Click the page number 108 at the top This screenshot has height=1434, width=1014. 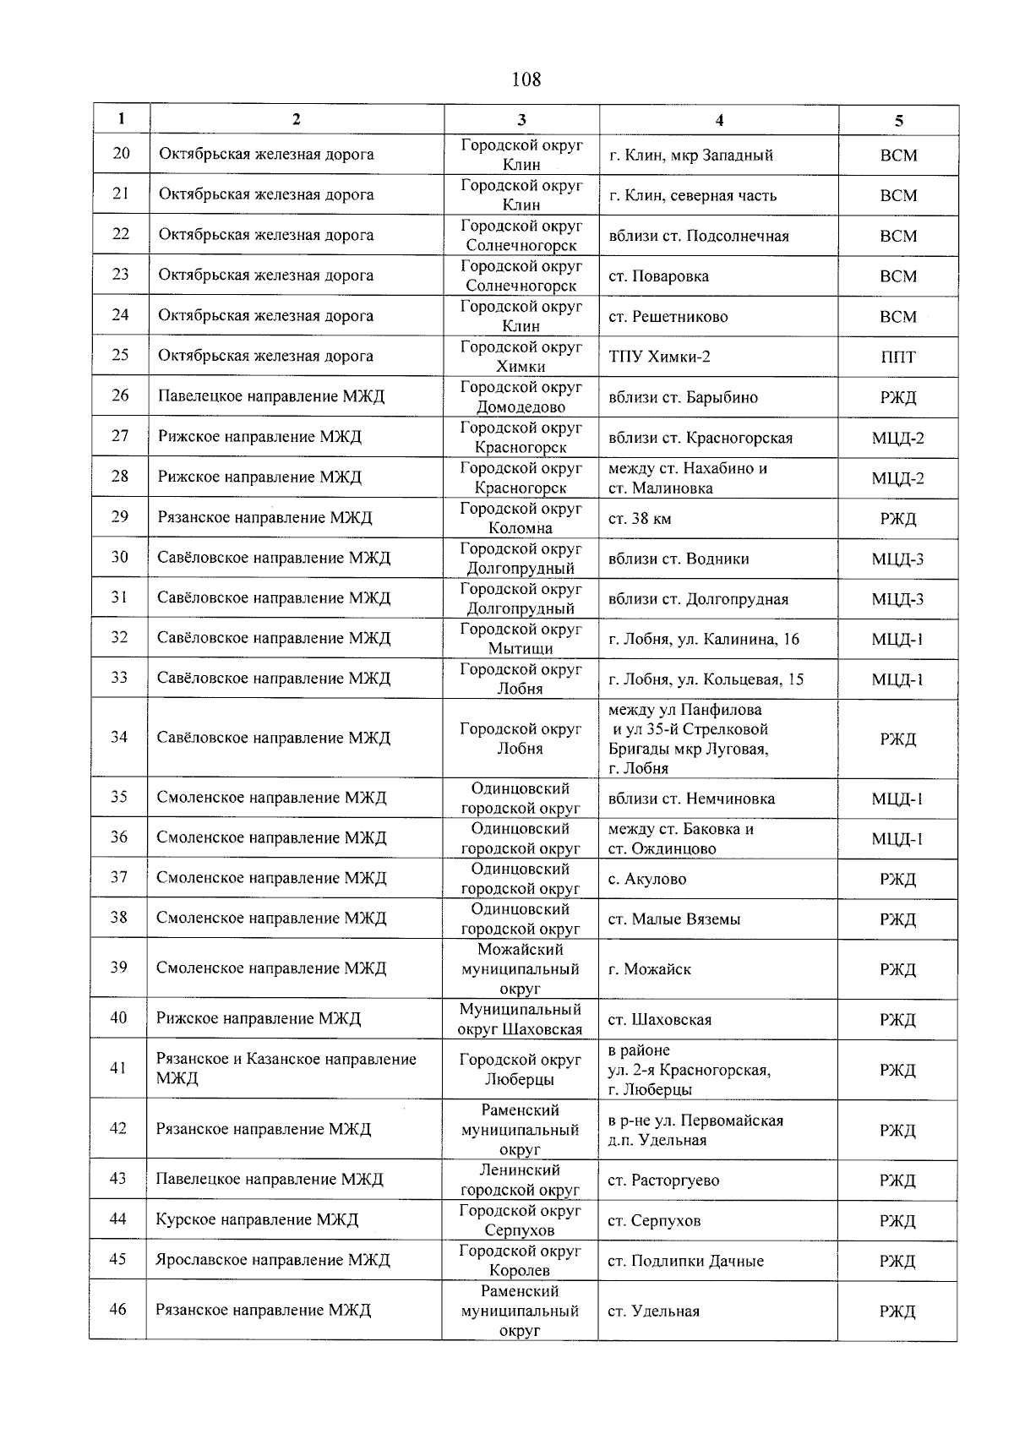(x=526, y=79)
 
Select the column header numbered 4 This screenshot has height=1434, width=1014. (x=719, y=120)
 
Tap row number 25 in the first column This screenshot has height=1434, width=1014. (x=121, y=355)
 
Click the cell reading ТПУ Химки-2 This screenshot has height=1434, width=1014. (x=659, y=357)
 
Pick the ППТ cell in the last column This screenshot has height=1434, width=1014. (x=897, y=357)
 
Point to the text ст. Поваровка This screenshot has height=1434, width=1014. (x=658, y=276)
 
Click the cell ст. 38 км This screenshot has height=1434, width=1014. (x=640, y=519)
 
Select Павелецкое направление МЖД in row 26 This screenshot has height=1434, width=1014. (x=270, y=396)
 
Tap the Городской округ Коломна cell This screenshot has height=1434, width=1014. (x=521, y=518)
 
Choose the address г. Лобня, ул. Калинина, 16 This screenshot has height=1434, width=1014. (x=703, y=639)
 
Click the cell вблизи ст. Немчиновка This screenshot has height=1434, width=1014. (x=691, y=799)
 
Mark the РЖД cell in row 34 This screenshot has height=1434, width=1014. (x=897, y=739)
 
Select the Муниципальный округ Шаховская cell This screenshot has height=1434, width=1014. (x=520, y=1019)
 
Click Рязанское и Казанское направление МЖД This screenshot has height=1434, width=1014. (x=286, y=1068)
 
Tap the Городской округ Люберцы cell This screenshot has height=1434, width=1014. (x=520, y=1069)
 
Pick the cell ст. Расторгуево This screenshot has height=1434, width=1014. (x=663, y=1180)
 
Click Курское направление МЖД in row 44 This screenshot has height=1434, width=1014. (x=257, y=1219)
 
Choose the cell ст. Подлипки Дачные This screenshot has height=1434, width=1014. (x=685, y=1261)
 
